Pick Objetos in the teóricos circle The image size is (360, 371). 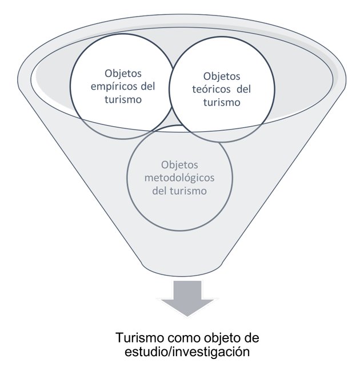pyautogui.click(x=222, y=76)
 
